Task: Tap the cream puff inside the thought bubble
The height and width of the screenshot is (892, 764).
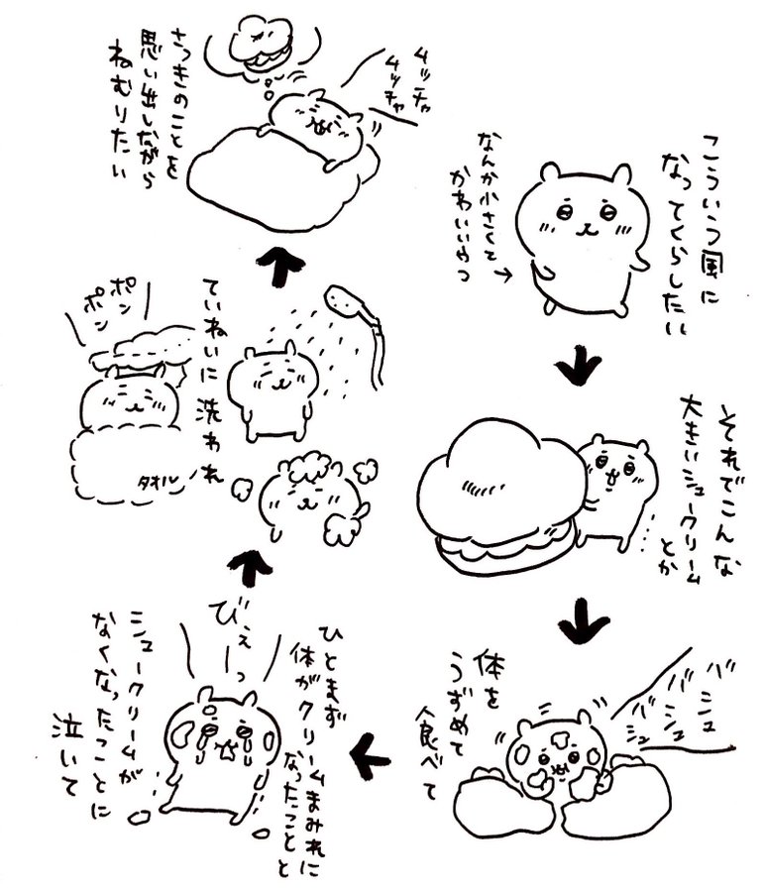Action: pyautogui.click(x=260, y=45)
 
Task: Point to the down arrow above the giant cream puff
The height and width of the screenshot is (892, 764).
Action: pyautogui.click(x=579, y=369)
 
